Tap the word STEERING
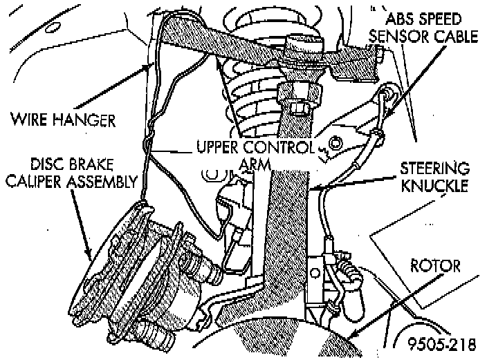tap(435, 168)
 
